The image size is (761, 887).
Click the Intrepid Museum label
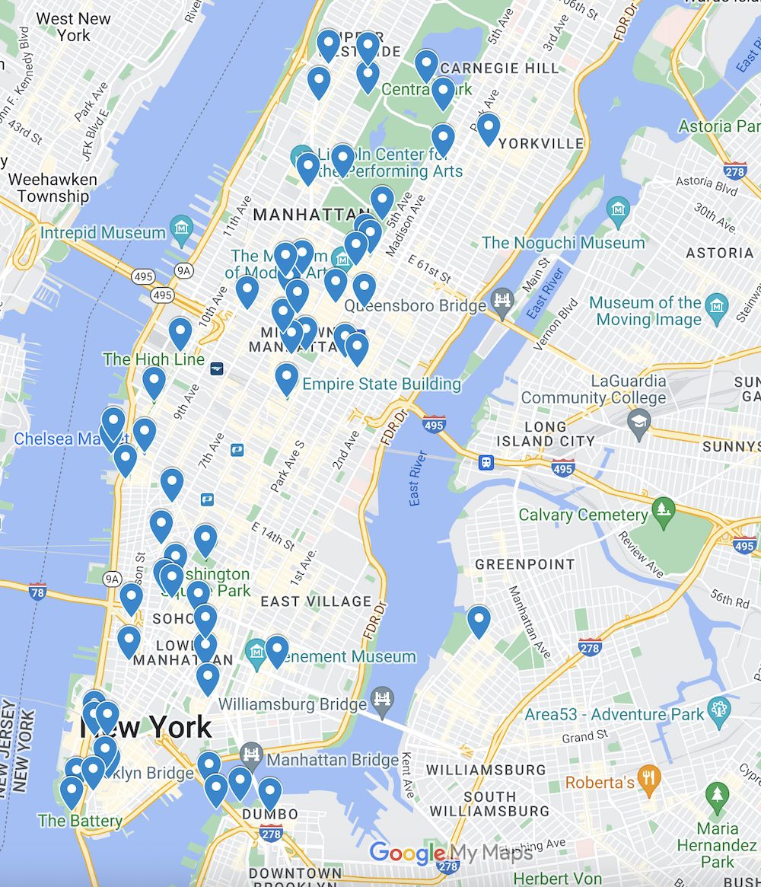coord(103,233)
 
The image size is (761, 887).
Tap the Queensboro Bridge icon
coord(503,298)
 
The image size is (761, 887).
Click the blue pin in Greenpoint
coord(479,621)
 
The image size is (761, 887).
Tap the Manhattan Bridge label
coord(333,760)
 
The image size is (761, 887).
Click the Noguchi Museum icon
coord(617,207)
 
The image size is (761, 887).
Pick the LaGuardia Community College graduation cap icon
coord(639,420)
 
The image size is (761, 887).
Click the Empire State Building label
coord(381,384)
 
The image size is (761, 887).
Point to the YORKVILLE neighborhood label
coord(541,143)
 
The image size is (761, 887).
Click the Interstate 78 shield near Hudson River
coord(37,592)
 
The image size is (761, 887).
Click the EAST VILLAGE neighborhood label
coord(316,601)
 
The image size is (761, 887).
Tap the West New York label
coord(73,27)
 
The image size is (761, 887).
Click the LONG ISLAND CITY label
coord(546,433)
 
